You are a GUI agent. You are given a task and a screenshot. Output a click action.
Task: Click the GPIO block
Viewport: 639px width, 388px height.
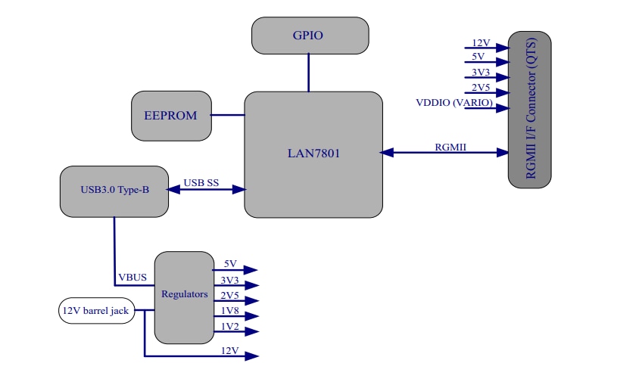tap(310, 36)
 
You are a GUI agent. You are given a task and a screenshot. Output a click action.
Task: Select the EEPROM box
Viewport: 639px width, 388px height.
tap(171, 116)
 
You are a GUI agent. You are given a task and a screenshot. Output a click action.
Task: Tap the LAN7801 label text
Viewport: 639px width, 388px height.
tap(313, 153)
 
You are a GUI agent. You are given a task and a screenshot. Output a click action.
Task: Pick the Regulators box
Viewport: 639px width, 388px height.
tap(184, 294)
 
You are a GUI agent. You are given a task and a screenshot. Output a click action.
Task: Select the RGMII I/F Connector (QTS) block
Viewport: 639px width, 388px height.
tap(529, 110)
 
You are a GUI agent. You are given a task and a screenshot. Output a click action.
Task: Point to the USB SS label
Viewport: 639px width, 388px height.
tap(201, 183)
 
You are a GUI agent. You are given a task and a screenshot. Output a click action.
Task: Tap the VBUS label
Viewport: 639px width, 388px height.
tap(132, 278)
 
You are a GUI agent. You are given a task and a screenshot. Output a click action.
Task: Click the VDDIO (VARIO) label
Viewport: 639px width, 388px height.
tap(454, 103)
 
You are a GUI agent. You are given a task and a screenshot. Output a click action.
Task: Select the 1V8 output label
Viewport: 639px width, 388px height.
tap(230, 311)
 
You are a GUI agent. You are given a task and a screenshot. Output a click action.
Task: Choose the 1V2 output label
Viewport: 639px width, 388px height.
tap(230, 326)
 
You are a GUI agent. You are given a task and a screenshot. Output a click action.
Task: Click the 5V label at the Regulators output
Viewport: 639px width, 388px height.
tap(230, 264)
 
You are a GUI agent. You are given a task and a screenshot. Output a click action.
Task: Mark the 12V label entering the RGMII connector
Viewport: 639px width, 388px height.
tap(482, 43)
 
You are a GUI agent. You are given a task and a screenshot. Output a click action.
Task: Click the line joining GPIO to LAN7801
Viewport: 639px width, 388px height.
tap(308, 73)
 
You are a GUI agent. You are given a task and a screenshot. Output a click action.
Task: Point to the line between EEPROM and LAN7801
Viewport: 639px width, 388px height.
tap(228, 115)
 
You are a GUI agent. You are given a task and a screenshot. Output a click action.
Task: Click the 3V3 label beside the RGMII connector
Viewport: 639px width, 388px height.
tap(480, 73)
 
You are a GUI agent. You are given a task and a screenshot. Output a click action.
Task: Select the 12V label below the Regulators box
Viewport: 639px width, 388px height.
tap(230, 351)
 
